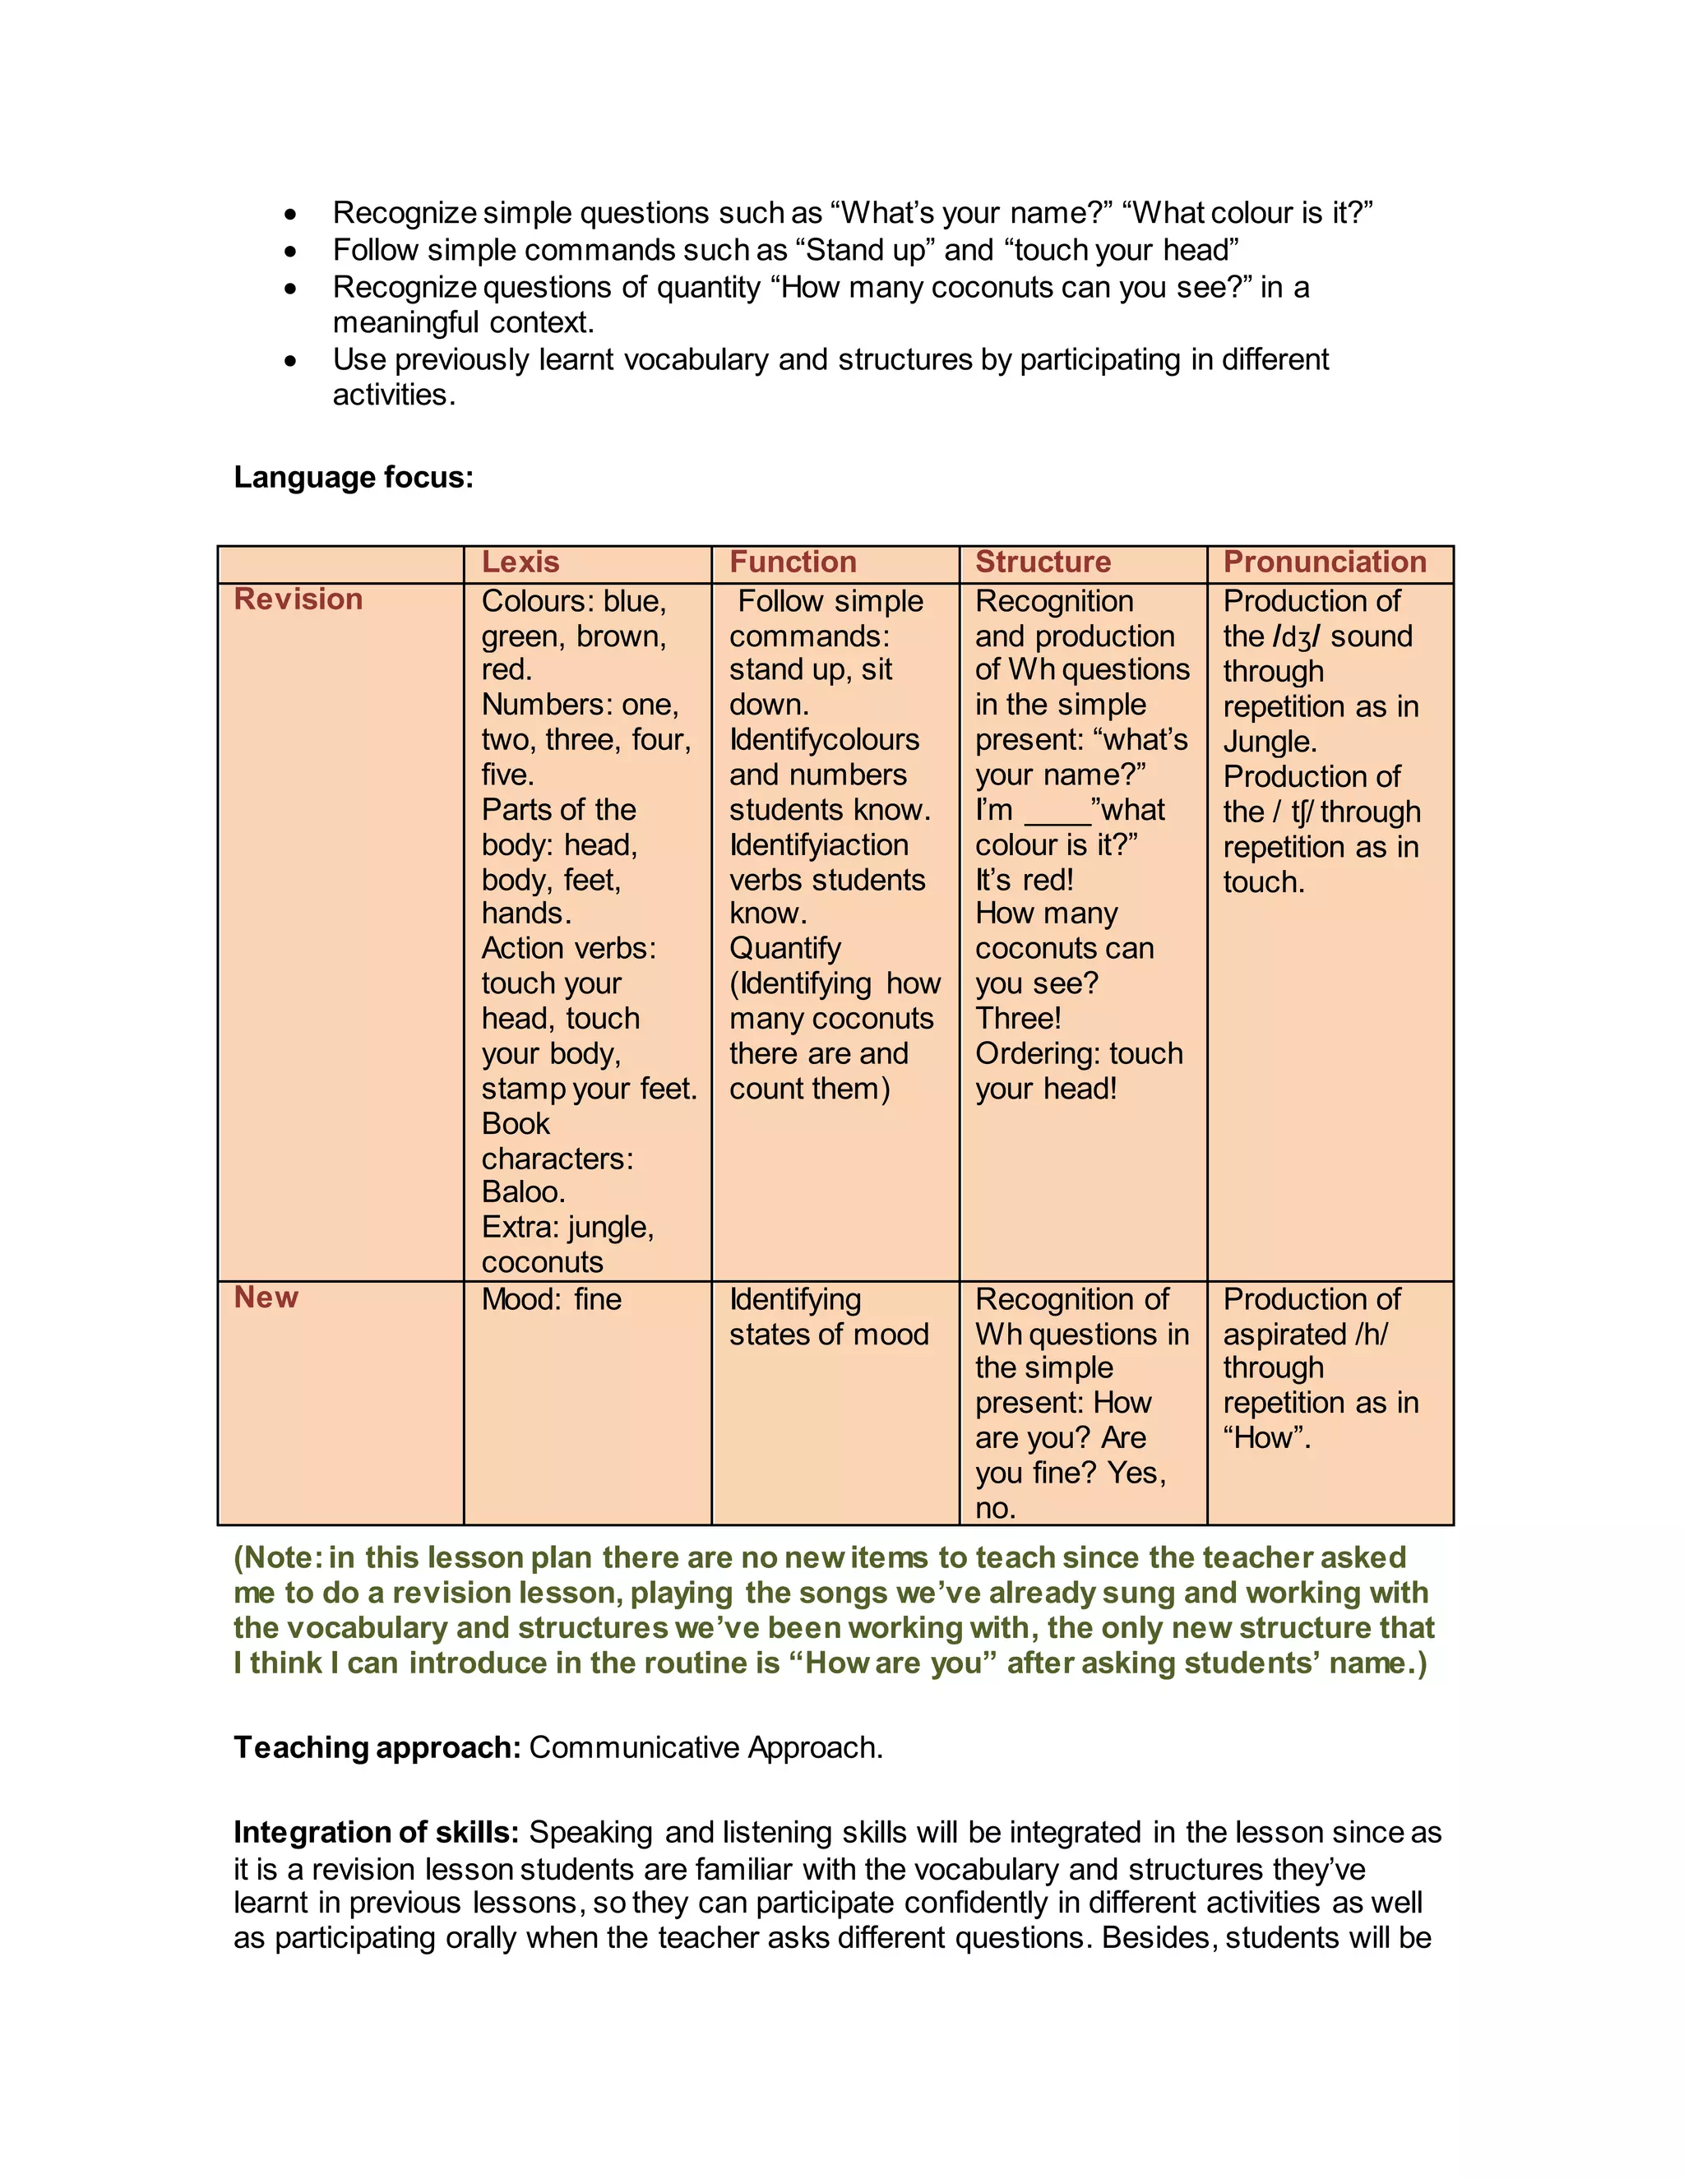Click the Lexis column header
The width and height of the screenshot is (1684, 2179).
coord(520,562)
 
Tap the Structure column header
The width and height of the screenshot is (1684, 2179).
coord(1043,562)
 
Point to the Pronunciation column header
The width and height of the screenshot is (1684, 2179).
coord(1324,562)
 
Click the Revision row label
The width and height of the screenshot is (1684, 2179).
coord(298,599)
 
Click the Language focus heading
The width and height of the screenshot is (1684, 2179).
coord(353,477)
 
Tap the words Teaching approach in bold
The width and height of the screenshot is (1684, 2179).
coord(376,1747)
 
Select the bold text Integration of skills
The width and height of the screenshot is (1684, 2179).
coord(376,1832)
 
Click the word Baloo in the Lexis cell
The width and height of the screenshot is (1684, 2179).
coord(522,1191)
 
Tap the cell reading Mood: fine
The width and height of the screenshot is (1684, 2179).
coord(551,1299)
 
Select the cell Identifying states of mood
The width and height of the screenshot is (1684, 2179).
coord(828,1317)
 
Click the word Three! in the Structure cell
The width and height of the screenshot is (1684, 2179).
coord(1018,1018)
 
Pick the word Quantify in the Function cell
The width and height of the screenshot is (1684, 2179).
coord(784,948)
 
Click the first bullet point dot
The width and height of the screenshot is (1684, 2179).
coord(290,215)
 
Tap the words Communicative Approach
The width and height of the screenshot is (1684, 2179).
coord(705,1747)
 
